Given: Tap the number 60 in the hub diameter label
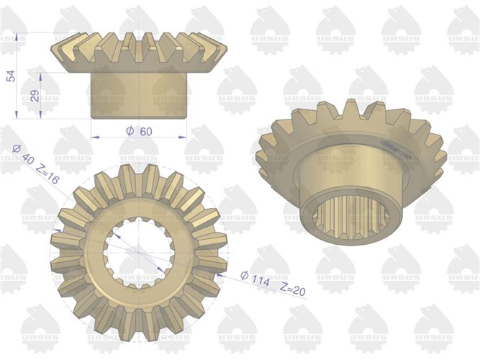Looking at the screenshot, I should click(145, 131).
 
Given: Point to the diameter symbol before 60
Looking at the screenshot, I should click(130, 131).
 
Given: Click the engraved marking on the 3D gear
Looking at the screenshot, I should click(397, 150).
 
